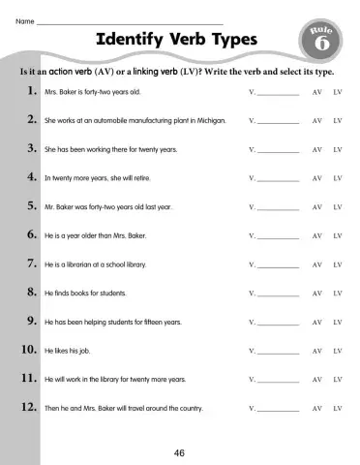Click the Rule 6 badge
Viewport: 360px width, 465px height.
321,42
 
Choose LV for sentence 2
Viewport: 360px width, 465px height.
338,121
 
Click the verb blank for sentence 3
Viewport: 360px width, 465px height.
277,151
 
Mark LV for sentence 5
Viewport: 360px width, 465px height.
338,207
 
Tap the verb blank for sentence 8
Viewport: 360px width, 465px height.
277,294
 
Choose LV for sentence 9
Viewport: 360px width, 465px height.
338,322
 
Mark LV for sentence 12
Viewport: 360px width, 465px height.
338,408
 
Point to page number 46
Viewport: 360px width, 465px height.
179,451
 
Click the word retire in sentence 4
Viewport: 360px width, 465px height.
138,178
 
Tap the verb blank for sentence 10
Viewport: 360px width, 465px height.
277,351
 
